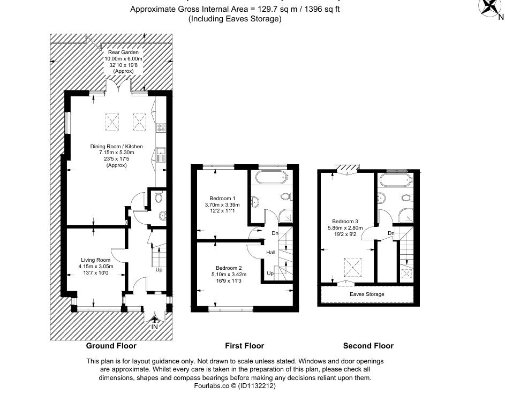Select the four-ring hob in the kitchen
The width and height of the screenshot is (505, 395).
pos(161,128)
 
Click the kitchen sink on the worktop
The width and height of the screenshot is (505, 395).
pos(161,156)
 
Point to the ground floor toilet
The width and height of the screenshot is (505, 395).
pos(157,199)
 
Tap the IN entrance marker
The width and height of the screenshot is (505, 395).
pos(155,326)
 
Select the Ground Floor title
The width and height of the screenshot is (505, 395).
pos(111,346)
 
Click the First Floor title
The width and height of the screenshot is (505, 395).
pos(244,346)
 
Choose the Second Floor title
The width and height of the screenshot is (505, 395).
pos(368,346)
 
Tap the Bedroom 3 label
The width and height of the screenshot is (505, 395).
pos(345,221)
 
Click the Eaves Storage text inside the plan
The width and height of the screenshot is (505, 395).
pos(367,294)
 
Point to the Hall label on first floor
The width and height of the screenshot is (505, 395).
pos(271,253)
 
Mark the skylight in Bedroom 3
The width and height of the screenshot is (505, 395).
pos(350,264)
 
